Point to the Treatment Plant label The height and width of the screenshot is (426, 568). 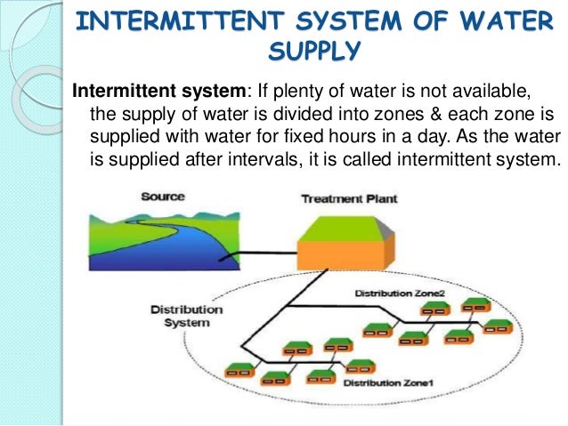click(x=348, y=198)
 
